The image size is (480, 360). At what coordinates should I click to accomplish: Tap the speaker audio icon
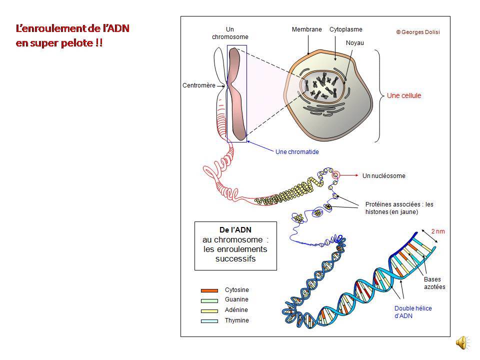tap(462, 342)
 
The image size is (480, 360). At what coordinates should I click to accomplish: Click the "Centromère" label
tap(198, 85)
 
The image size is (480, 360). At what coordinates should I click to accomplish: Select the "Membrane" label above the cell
tap(306, 30)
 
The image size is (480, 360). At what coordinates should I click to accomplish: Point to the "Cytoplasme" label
tap(345, 30)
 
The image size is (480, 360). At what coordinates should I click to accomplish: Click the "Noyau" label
tap(354, 43)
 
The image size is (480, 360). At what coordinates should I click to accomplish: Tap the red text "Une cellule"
tap(404, 96)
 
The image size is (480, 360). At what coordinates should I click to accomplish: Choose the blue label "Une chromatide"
tap(297, 151)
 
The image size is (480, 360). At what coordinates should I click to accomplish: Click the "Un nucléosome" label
tap(383, 176)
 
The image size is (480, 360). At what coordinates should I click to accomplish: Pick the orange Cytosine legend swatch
tap(209, 290)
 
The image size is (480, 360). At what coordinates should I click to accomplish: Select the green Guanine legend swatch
tap(209, 300)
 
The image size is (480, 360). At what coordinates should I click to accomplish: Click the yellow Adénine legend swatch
tap(209, 310)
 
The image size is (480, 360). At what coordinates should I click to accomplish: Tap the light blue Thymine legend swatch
tap(209, 320)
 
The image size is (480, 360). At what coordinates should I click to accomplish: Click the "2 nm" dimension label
tap(437, 231)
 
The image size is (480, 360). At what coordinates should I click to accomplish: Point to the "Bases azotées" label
tap(434, 283)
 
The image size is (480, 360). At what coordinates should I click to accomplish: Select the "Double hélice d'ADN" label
tap(412, 312)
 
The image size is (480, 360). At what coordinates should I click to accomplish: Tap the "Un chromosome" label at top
tap(230, 33)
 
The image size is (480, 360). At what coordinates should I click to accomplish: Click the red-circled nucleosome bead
tap(336, 175)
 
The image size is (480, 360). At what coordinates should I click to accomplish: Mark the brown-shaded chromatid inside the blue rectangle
tap(237, 95)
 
